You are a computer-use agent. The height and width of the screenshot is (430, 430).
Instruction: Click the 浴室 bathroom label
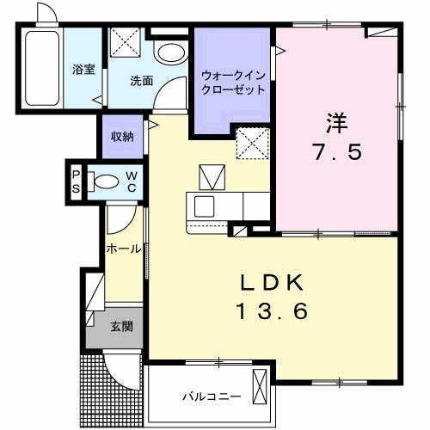pos(84,69)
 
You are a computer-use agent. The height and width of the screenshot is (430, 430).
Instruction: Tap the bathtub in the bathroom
pos(40,70)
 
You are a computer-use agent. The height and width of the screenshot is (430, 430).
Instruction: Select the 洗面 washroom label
pos(142,82)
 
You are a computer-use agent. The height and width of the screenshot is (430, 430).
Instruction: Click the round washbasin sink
pos(169,52)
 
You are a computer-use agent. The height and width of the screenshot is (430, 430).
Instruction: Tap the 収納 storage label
pos(121,137)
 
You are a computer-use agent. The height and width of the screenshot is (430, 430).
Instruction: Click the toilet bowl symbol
pos(106,181)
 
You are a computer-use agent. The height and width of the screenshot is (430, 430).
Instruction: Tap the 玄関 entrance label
pos(121,327)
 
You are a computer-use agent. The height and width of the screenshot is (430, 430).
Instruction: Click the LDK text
pos(273,284)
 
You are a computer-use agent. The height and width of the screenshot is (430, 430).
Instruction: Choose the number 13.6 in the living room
pos(273,312)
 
